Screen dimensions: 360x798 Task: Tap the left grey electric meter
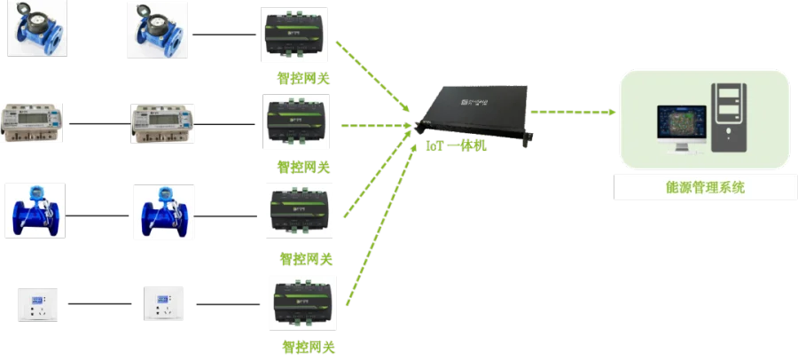click(x=35, y=123)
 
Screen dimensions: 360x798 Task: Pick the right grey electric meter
click(x=160, y=123)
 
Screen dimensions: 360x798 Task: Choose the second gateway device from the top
click(x=298, y=125)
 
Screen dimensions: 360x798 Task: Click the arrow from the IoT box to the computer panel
click(x=572, y=113)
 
